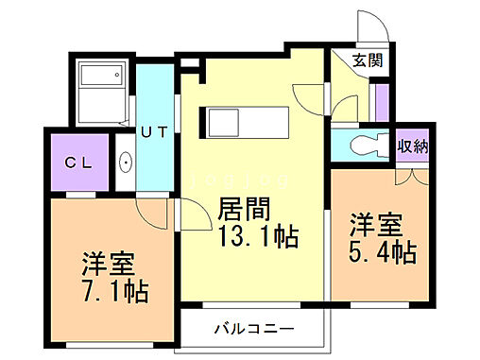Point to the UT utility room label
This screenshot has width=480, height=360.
tap(154, 133)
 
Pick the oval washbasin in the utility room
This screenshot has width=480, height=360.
tap(126, 163)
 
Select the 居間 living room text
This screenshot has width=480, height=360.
tap(244, 207)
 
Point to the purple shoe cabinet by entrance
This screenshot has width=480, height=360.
tap(381, 103)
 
